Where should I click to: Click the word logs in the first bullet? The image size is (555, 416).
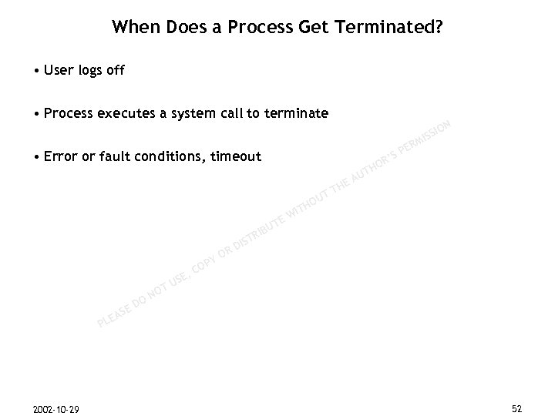coord(91,72)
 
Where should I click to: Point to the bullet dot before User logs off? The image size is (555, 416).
coord(38,72)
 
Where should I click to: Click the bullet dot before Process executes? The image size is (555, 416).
coord(38,115)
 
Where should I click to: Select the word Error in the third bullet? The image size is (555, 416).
coord(61,157)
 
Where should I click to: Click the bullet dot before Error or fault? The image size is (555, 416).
coord(38,158)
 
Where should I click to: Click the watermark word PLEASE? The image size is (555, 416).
coord(114,311)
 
